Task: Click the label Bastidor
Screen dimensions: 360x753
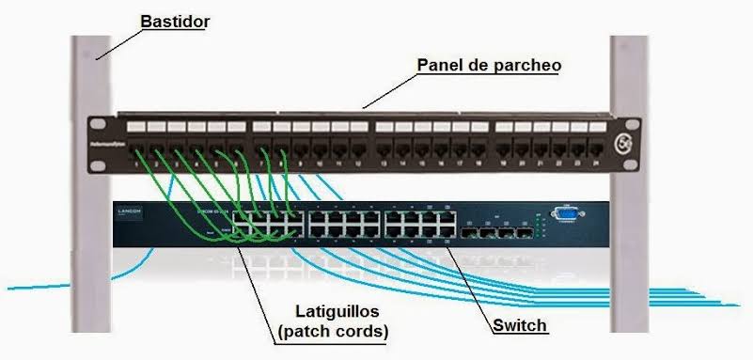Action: coord(174,19)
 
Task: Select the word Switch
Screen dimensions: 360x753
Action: coord(520,326)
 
